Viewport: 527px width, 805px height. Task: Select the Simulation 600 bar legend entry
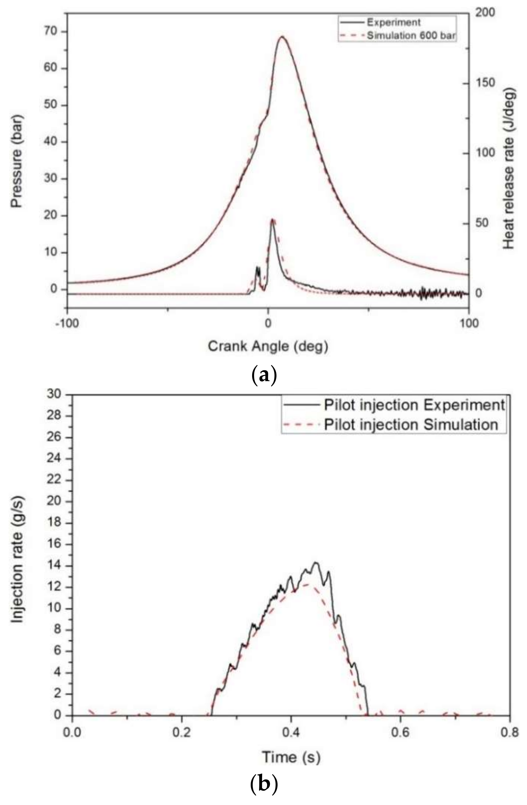click(411, 35)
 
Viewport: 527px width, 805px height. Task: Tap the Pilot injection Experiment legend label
click(414, 404)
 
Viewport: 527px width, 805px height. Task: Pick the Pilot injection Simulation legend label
click(411, 424)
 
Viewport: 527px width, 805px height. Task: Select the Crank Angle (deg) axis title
click(268, 346)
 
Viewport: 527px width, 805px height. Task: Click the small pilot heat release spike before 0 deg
click(258, 268)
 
